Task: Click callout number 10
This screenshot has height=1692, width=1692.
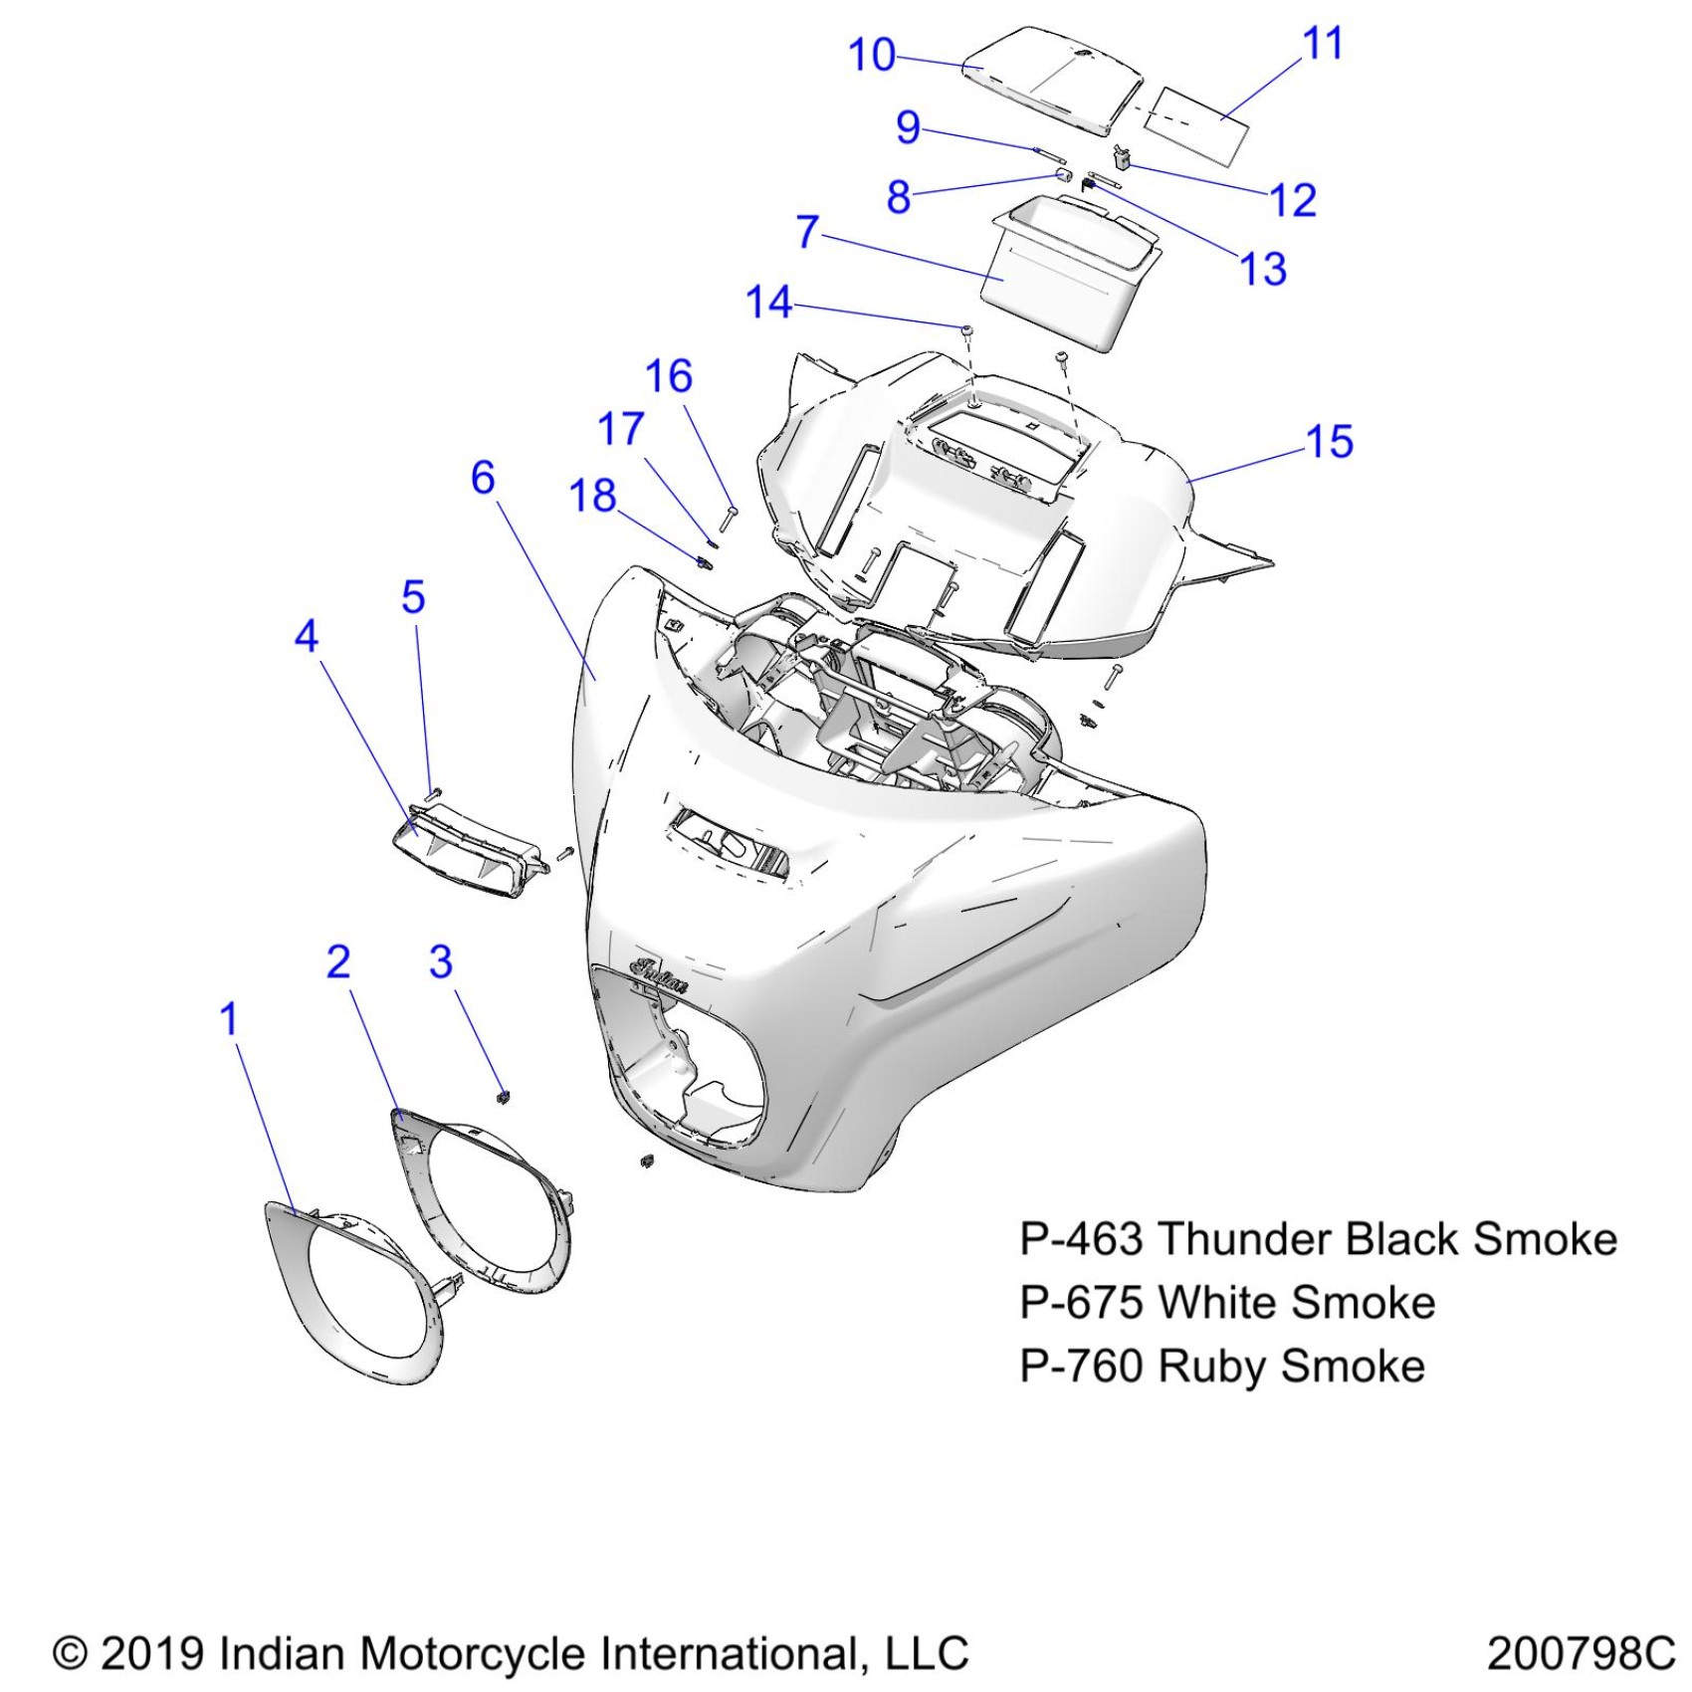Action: click(871, 55)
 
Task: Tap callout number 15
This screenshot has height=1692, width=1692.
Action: click(1330, 442)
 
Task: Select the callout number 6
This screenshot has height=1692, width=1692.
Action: click(483, 478)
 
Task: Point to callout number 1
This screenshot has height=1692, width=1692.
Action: click(229, 1019)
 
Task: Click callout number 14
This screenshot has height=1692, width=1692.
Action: click(768, 303)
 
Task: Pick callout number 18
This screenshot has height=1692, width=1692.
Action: click(592, 496)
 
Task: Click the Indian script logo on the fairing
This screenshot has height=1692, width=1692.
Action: click(659, 975)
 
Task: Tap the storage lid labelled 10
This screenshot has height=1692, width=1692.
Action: click(1055, 75)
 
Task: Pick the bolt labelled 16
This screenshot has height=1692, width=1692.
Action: click(728, 517)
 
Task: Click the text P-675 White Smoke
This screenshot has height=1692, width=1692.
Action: click(1227, 1302)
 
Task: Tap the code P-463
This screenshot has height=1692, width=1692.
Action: click(1081, 1239)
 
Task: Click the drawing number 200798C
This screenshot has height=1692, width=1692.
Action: click(1581, 1653)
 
